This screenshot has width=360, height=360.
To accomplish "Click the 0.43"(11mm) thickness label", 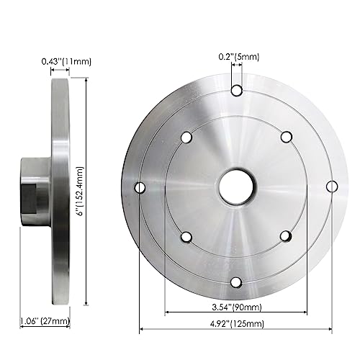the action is (66, 61).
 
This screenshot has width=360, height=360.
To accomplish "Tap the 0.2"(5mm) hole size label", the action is (239, 57).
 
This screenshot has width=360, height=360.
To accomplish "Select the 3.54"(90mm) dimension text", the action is (237, 307).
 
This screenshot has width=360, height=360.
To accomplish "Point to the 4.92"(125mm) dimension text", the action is (237, 324).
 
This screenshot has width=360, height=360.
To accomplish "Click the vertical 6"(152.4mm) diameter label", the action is (80, 192).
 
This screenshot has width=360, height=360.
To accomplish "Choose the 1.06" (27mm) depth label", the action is (45, 320).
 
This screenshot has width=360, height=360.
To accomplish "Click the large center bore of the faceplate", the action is (237, 187).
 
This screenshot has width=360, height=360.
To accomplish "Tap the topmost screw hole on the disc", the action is (237, 91).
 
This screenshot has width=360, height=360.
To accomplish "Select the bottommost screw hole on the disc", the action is (236, 282).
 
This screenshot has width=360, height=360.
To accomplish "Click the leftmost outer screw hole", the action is (140, 187).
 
